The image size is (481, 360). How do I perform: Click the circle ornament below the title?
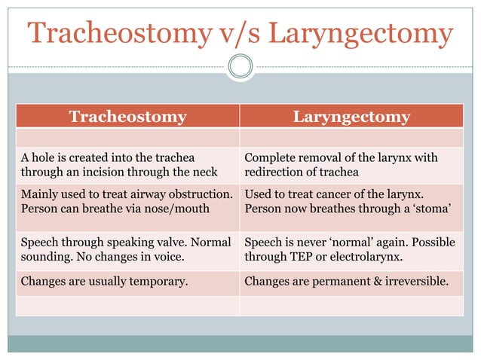tap(240, 67)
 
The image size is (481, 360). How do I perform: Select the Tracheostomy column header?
tap(127, 117)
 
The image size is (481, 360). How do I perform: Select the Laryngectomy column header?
tap(351, 117)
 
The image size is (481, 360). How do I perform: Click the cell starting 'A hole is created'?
tap(127, 166)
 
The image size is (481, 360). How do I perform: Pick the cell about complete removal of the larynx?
tap(351, 166)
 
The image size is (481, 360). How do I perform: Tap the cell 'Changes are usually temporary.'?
tap(127, 282)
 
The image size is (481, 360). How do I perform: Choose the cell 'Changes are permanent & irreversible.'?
tap(351, 282)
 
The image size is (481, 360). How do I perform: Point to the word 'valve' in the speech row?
tap(174, 243)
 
